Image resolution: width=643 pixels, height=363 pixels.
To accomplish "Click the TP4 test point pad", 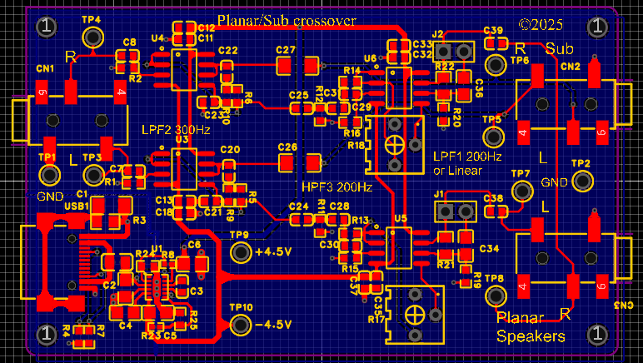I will point(92,37).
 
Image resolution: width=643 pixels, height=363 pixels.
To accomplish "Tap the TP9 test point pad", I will point(241,252).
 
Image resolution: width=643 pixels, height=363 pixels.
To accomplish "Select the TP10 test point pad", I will point(241,324).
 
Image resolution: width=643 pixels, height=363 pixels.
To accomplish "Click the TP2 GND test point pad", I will point(581,181).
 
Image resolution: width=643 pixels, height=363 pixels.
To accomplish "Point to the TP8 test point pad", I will point(497,296).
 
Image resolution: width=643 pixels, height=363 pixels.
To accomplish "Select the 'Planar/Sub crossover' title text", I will point(286,20).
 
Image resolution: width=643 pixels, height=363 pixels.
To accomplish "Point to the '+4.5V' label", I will point(273,252).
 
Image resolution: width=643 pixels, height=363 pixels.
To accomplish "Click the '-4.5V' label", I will point(273,324).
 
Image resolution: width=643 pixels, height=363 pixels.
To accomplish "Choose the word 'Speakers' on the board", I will point(531,336).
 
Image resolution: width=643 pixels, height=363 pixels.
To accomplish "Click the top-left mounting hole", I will point(46,27).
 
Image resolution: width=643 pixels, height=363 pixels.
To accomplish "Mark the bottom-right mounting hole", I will point(596,334).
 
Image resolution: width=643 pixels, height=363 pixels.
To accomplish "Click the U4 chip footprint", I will point(183,69).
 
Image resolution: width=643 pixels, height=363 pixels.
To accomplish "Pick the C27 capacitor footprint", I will point(298,64).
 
